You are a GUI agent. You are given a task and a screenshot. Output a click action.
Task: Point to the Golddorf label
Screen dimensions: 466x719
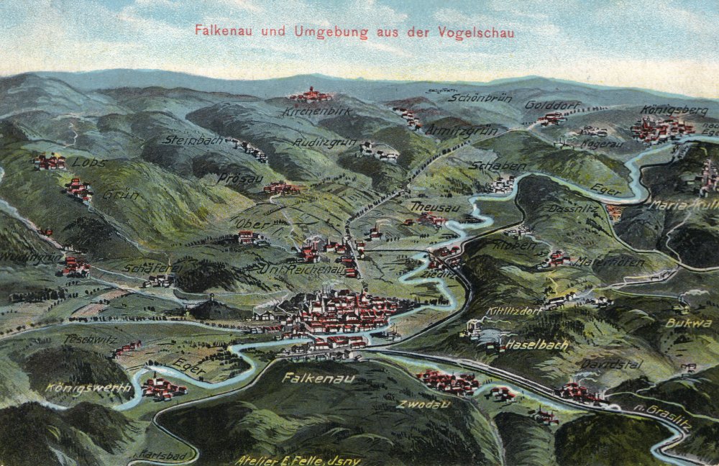click(551, 104)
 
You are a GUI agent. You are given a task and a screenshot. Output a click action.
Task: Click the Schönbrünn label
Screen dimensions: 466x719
click(480, 97)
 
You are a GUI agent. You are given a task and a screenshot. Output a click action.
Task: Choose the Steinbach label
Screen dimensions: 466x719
click(192, 140)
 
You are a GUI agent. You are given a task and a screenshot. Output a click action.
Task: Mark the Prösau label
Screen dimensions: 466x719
click(241, 178)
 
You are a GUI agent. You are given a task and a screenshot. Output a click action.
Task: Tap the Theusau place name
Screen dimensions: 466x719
click(434, 206)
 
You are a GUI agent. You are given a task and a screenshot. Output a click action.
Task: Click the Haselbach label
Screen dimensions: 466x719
click(536, 345)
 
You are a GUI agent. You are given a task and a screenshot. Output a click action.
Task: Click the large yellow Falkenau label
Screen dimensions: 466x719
click(308, 377)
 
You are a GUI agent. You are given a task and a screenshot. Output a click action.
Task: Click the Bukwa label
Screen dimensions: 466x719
click(688, 323)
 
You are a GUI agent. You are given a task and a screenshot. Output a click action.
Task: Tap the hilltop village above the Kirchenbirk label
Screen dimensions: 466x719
click(311, 95)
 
